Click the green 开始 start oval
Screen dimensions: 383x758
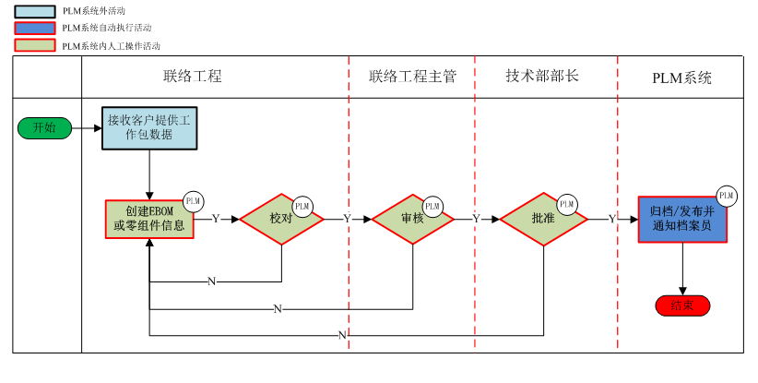(44, 128)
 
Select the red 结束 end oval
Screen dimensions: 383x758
(682, 305)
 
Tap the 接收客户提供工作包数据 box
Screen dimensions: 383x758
(148, 127)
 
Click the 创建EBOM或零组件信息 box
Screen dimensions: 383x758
(148, 219)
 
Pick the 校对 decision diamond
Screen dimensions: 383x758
(281, 219)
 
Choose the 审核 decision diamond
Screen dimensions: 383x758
(412, 219)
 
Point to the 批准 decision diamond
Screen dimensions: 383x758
(543, 219)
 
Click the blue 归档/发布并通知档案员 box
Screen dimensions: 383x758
(681, 219)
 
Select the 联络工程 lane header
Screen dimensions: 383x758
(193, 77)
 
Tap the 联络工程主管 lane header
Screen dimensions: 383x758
(412, 77)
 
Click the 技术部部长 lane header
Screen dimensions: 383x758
(542, 77)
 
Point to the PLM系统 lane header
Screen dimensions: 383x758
(681, 78)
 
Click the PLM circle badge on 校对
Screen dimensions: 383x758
(302, 205)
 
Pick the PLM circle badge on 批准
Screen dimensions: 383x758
(566, 204)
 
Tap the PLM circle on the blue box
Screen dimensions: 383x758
(726, 195)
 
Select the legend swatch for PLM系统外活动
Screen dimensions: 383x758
(36, 11)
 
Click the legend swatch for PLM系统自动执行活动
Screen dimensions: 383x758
(36, 28)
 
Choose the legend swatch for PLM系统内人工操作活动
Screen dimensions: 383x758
(36, 44)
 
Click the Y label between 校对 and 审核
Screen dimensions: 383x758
(348, 219)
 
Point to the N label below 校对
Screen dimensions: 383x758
(212, 281)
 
